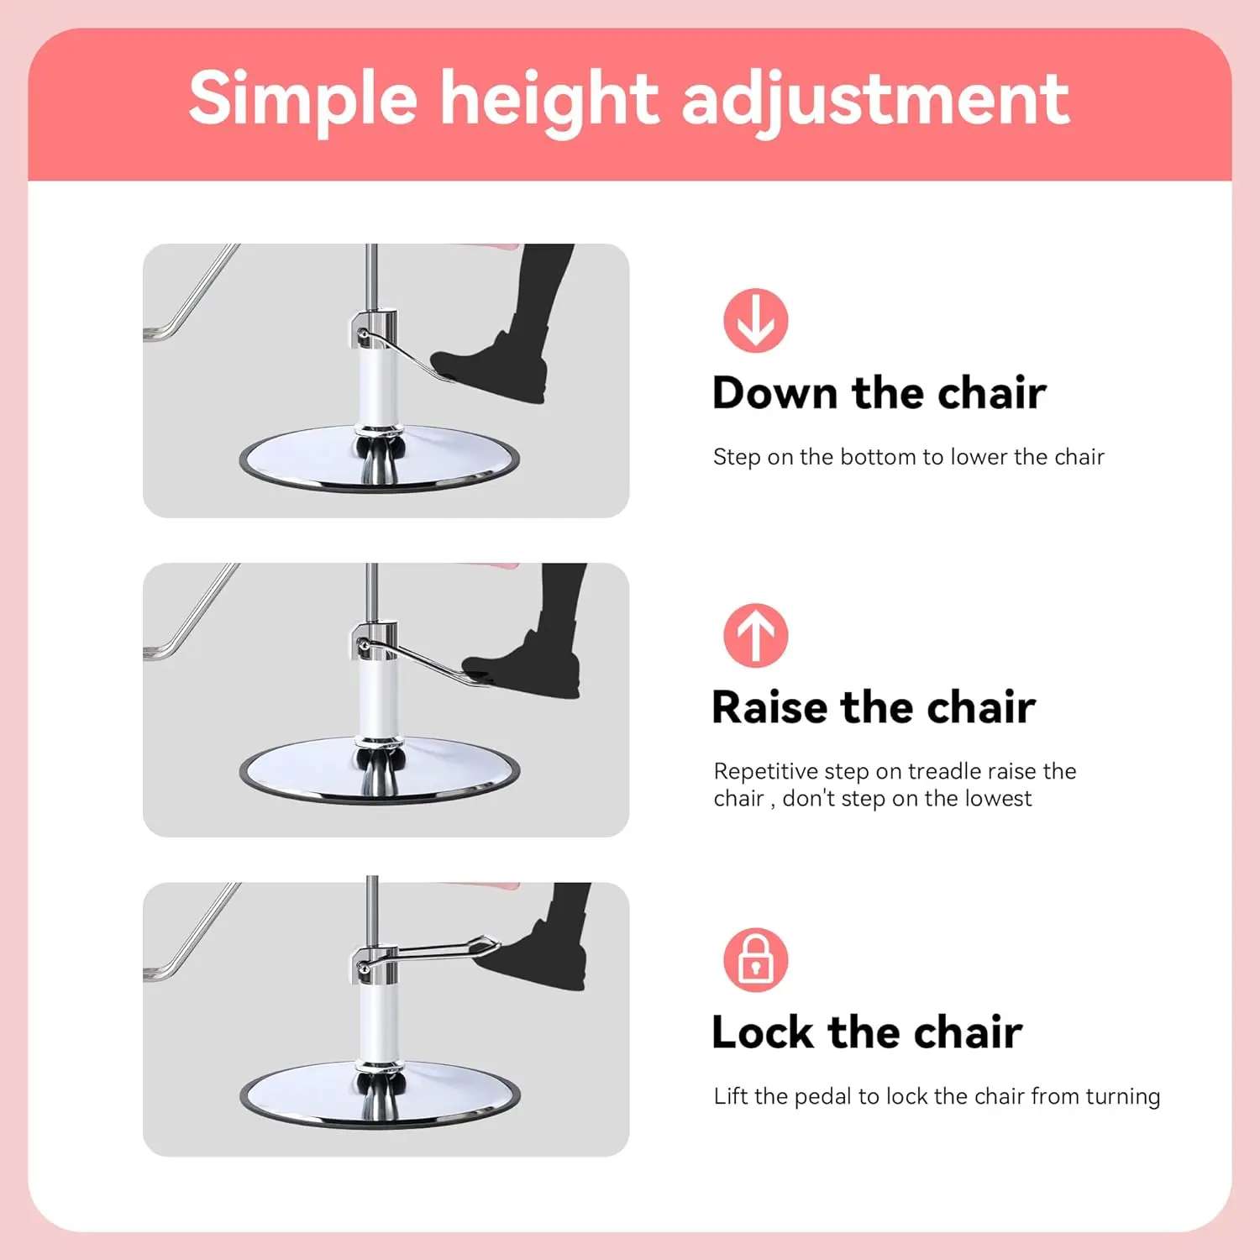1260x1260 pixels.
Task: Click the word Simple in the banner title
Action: [302, 99]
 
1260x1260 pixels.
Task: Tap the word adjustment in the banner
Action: [875, 99]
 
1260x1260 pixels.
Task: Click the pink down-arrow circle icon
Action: [755, 320]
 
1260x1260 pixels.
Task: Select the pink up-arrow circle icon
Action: [755, 635]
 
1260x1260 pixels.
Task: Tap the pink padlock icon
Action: [755, 959]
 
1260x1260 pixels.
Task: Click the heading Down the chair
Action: [879, 392]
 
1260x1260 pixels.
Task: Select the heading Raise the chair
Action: [873, 706]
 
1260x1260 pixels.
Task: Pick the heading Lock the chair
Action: [866, 1032]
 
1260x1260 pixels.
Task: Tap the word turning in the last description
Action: [1122, 1096]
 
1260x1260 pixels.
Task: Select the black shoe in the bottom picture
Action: [546, 962]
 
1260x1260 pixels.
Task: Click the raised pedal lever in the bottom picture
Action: [437, 951]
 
